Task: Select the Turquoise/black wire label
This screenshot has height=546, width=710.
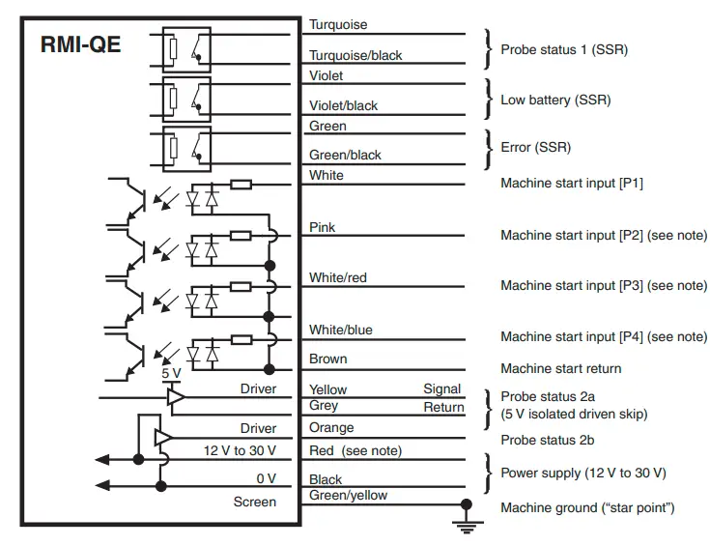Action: coord(355,56)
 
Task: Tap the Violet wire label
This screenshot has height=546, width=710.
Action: coord(327,75)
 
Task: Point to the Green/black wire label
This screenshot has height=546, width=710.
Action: coord(345,155)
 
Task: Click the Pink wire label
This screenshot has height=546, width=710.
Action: coord(323,227)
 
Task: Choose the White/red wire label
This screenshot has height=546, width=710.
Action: coord(338,278)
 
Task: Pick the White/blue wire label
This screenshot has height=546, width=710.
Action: coord(340,330)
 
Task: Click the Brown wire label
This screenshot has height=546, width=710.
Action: coord(328,359)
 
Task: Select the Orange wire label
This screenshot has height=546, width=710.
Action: coord(331,428)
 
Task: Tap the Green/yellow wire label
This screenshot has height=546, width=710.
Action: coord(348,496)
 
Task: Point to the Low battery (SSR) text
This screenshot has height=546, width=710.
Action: coord(555,100)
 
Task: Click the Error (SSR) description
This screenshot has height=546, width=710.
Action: coord(535,148)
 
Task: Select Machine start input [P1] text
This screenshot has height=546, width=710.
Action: coord(571,184)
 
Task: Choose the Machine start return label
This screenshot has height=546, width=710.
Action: coord(560,368)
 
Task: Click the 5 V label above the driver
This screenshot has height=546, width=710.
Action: coord(170,373)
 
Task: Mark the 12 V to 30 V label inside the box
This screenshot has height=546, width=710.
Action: coord(240,451)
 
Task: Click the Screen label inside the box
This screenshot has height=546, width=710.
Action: coord(255,502)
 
